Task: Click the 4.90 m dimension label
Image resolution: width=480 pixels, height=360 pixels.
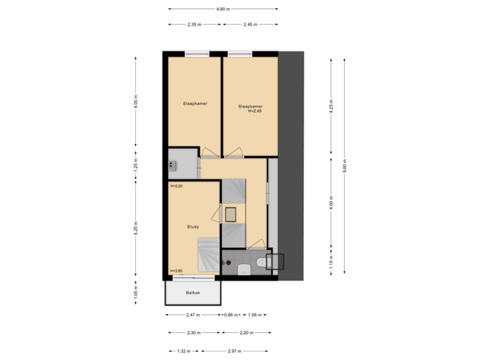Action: (223, 9)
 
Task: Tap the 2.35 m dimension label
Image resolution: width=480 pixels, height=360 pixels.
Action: (194, 24)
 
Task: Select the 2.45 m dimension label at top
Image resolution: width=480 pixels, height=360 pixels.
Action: (250, 24)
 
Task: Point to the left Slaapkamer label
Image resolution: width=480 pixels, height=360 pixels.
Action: (194, 103)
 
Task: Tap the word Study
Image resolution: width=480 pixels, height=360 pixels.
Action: (193, 227)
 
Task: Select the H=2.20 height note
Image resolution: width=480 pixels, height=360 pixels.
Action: (177, 186)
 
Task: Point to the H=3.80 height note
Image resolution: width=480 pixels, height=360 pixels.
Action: (177, 271)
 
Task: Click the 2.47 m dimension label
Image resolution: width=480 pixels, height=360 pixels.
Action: (192, 314)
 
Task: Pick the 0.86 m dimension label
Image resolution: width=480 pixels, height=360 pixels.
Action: (230, 314)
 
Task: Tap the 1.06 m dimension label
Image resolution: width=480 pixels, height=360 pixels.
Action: (254, 314)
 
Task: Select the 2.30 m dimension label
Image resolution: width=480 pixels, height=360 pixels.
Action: (194, 332)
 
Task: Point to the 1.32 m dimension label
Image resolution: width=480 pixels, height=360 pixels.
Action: (183, 350)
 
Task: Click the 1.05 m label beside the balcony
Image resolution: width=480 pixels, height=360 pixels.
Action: (135, 291)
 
